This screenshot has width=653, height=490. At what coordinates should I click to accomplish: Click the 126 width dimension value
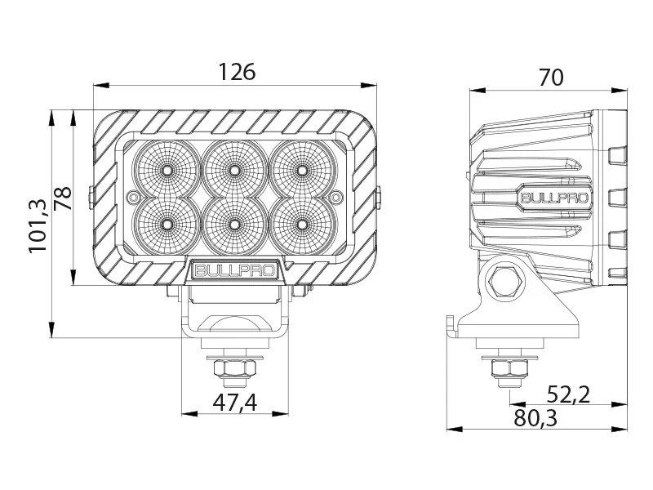(237, 72)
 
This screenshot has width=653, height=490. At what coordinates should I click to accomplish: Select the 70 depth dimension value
(551, 78)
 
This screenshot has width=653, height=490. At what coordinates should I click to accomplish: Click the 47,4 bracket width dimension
(235, 403)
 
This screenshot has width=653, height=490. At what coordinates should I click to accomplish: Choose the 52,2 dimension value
(568, 394)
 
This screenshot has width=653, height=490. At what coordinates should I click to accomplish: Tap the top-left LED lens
(167, 171)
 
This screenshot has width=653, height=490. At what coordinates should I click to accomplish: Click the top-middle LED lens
(235, 171)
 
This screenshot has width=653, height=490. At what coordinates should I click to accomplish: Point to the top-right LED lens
(303, 171)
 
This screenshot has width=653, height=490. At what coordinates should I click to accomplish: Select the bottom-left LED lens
(167, 222)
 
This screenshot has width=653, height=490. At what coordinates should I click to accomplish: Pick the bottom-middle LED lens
(235, 222)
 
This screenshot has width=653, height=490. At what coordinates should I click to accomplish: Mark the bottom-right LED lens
(303, 222)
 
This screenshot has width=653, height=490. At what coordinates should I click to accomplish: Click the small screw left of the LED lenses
(134, 196)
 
